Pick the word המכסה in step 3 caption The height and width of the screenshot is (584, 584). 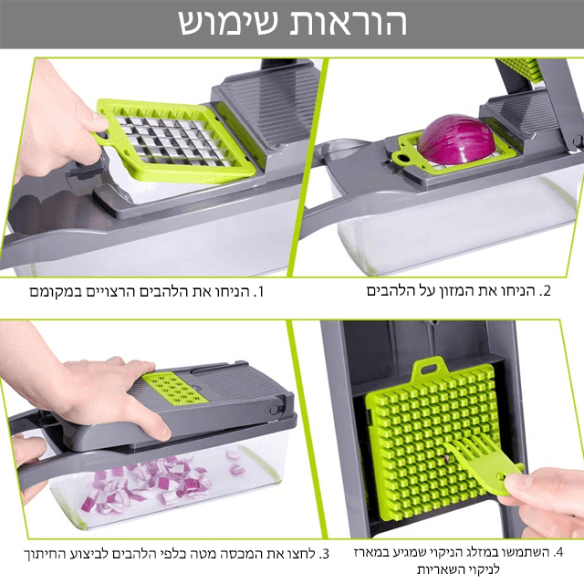(x=199, y=554)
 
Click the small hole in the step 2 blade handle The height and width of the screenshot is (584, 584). (x=400, y=157)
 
